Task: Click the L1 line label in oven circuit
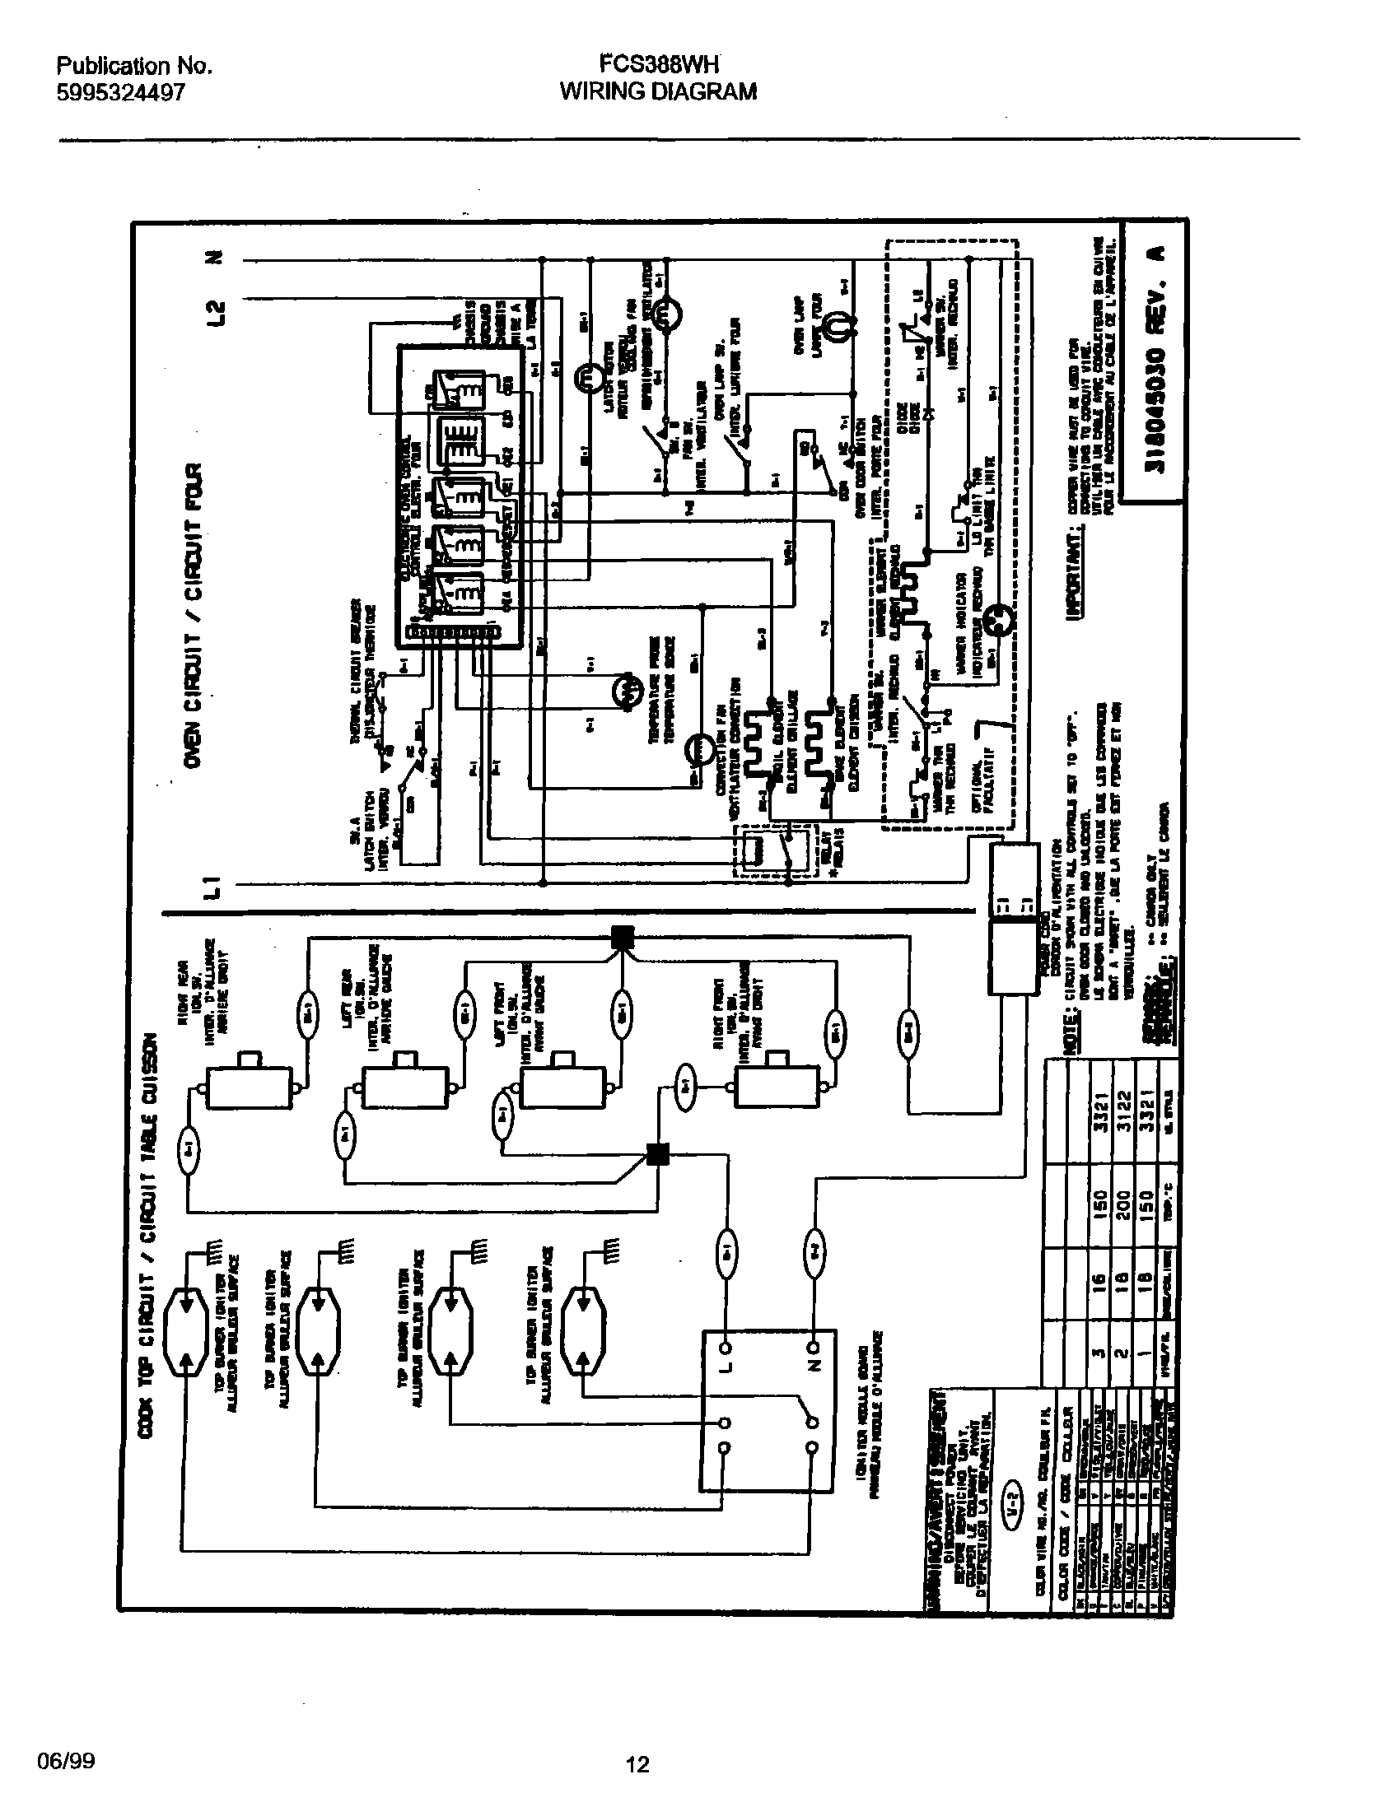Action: pos(213,887)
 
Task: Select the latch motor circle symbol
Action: pos(588,376)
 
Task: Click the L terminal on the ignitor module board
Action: pos(726,1348)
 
